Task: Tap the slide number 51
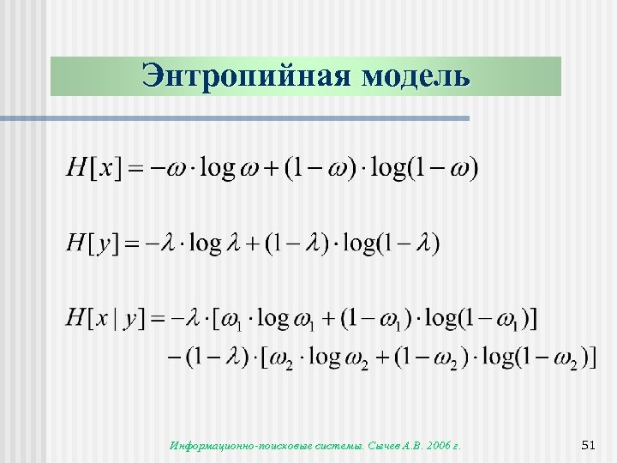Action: [587, 445]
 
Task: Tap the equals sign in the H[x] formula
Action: [135, 167]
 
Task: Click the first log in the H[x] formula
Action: [217, 166]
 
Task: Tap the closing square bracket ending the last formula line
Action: [593, 357]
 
